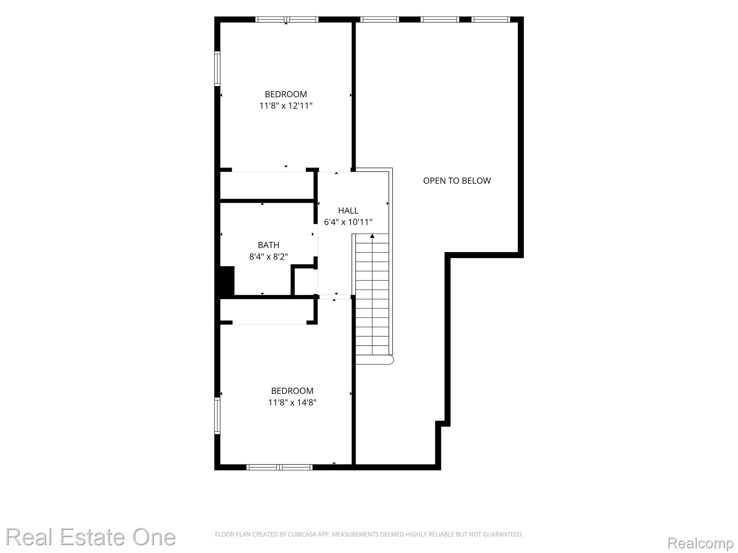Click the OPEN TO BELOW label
pos(457,181)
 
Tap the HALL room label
pos(348,211)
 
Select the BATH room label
pos(268,245)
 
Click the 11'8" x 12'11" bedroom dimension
pos(286,106)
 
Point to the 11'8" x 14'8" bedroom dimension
pos(292,403)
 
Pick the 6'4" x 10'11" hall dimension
pos(348,222)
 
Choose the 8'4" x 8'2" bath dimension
pos(268,257)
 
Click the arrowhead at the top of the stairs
pos(372,236)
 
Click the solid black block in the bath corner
pos(227,281)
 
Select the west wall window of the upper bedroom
pos(217,68)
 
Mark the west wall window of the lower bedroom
pos(217,415)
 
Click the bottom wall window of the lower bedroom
pos(279,467)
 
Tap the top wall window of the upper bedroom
pos(287,19)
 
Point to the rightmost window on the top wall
pos(491,19)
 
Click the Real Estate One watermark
pos(90,537)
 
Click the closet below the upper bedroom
pos(267,185)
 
